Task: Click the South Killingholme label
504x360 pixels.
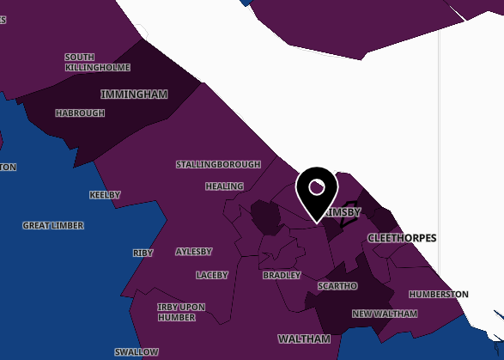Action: point(97,62)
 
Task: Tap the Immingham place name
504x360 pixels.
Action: point(133,94)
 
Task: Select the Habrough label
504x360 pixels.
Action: point(80,113)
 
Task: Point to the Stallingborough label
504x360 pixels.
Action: point(218,164)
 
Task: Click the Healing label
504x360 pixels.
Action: point(224,186)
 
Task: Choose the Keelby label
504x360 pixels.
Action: point(105,195)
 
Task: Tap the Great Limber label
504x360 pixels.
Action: point(53,225)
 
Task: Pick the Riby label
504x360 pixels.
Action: point(143,253)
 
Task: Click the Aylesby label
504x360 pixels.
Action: point(193,252)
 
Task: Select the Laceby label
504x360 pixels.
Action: point(212,275)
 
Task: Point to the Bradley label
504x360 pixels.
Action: point(282,275)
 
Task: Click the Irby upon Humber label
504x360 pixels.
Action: point(181,311)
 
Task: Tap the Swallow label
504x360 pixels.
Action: point(137,352)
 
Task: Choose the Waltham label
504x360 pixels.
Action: point(304,339)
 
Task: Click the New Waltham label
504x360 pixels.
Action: point(385,314)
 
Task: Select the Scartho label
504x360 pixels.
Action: point(337,285)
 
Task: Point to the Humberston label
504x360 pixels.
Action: point(439,294)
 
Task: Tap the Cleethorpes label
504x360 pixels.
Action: point(402,237)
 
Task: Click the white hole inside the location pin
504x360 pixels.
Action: point(317,186)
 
